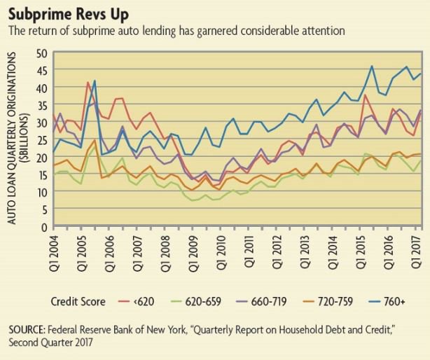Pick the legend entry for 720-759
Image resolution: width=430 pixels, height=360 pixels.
click(x=342, y=302)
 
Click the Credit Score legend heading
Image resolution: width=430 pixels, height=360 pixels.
click(x=78, y=302)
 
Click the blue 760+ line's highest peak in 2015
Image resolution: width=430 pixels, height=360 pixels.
click(x=371, y=67)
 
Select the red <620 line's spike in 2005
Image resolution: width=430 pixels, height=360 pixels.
click(x=88, y=83)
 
